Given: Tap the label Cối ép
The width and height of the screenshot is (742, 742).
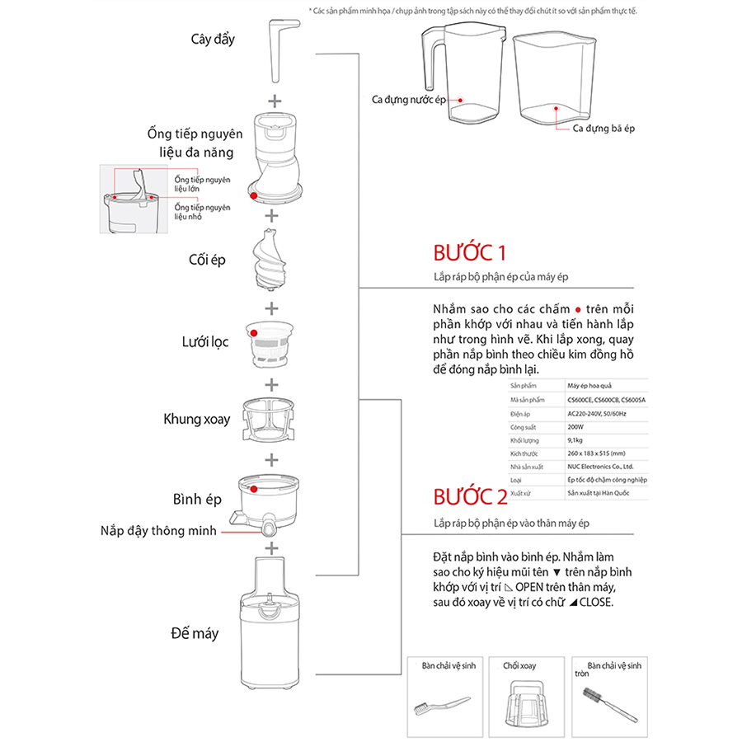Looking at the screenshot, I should click(x=207, y=261).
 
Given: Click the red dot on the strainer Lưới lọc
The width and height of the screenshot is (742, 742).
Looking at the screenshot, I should click(x=255, y=333).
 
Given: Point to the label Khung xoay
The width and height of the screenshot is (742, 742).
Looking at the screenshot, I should click(x=196, y=419).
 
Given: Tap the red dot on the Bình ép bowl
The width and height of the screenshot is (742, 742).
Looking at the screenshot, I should click(x=256, y=489).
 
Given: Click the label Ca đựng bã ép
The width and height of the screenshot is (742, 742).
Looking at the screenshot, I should click(x=603, y=129).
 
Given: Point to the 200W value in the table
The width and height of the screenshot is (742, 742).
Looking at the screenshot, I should click(x=575, y=427).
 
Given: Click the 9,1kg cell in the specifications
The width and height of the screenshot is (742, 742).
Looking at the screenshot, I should click(x=575, y=440).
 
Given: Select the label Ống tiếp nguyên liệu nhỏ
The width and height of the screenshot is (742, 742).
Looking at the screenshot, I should click(x=202, y=211).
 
